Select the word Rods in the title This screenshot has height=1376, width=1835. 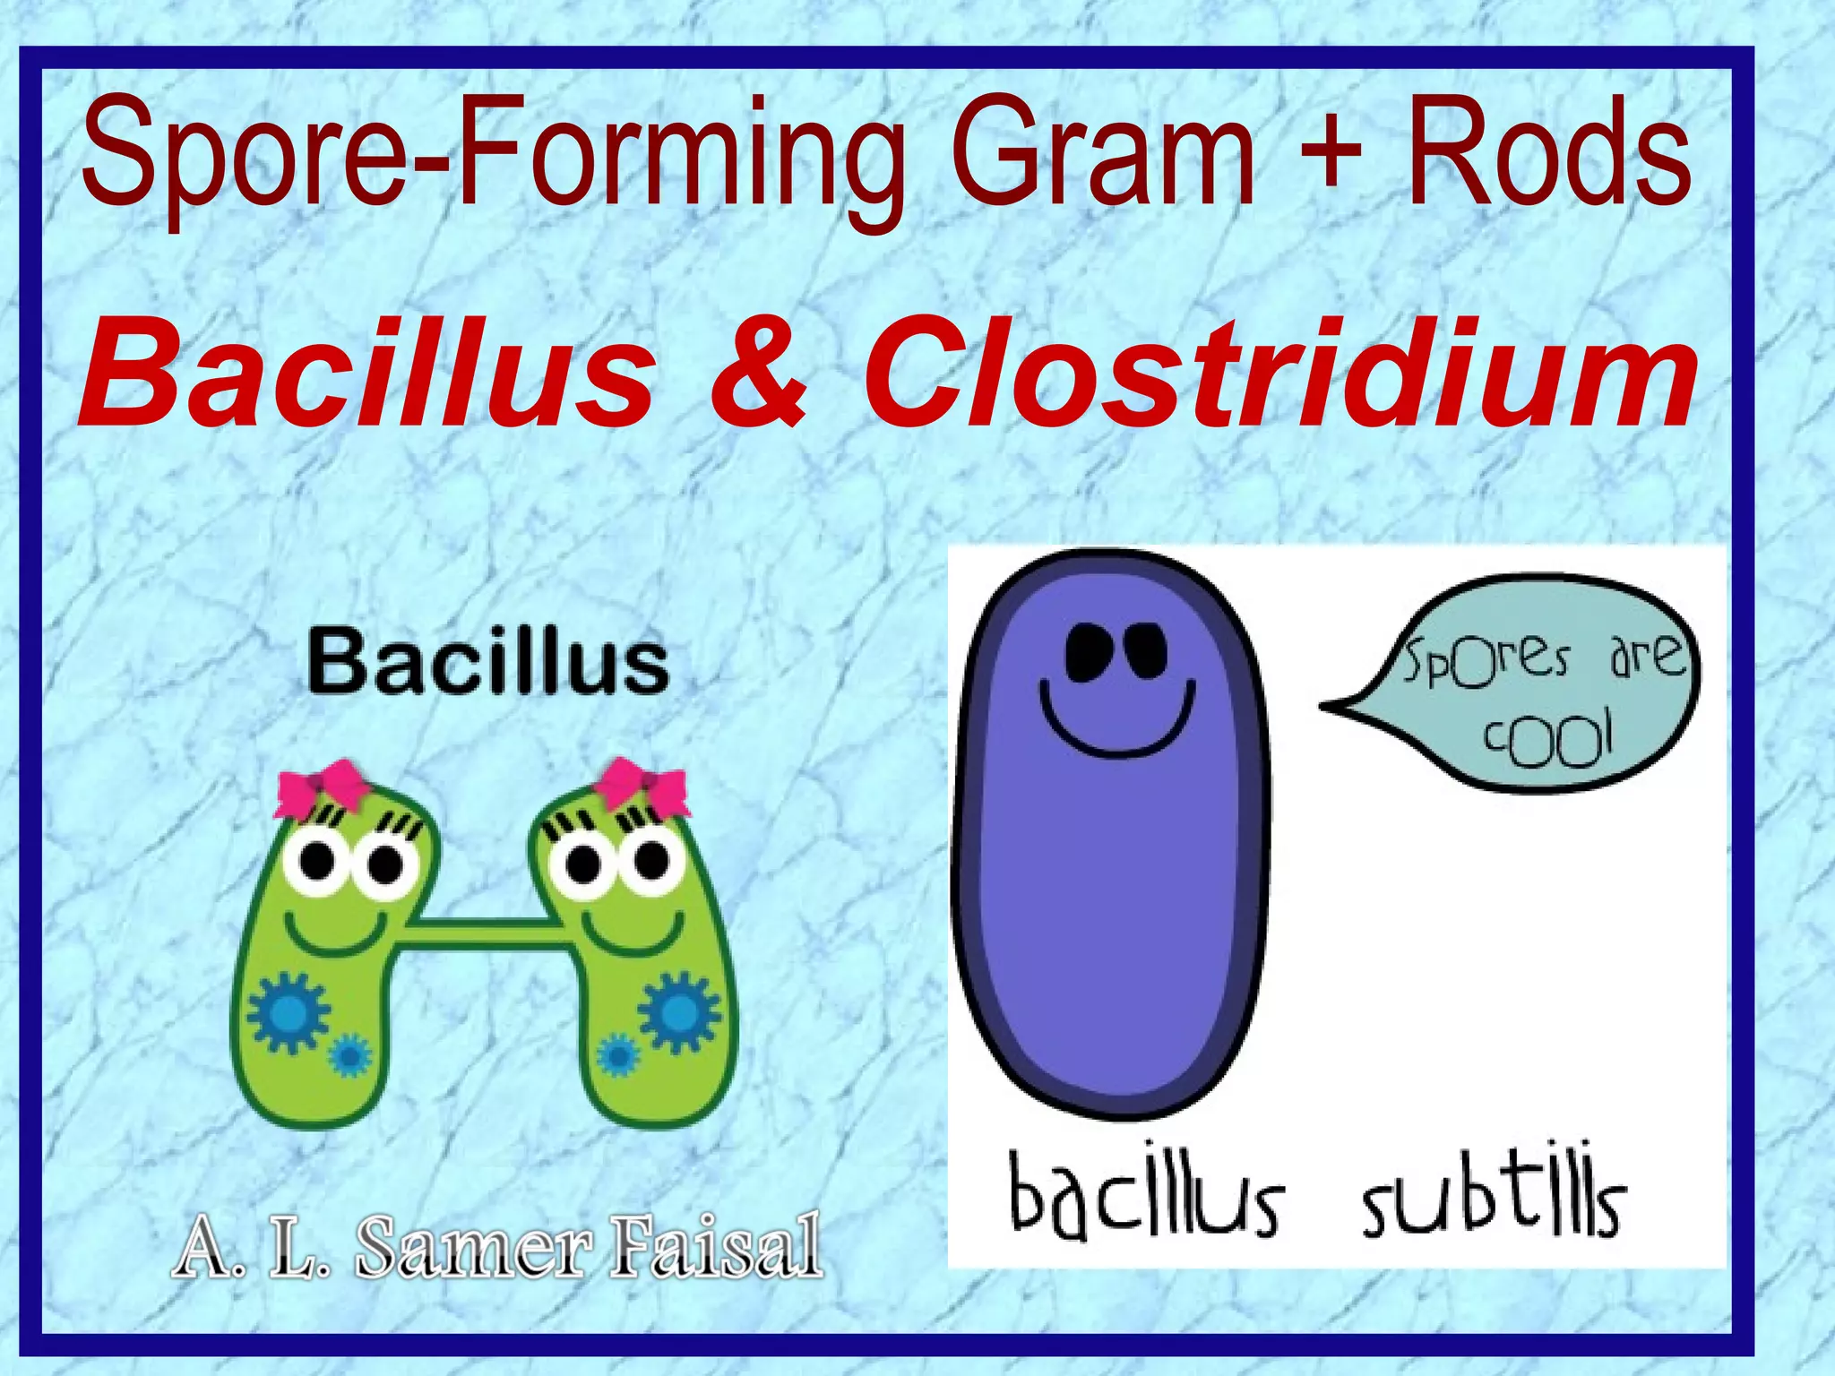[x=1549, y=152]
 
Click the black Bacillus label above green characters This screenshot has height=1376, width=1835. [x=488, y=664]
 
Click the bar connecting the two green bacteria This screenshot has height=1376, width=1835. [x=488, y=932]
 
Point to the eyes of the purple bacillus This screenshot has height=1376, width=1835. [x=1116, y=649]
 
